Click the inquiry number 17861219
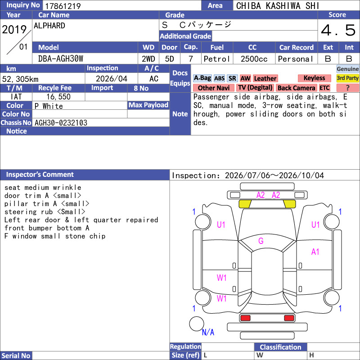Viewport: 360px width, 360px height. click(x=63, y=6)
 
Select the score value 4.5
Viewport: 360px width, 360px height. click(x=338, y=31)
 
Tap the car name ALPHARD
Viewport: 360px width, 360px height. click(x=49, y=26)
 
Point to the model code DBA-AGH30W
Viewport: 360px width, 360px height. click(x=61, y=59)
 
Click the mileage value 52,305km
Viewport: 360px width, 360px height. click(x=20, y=79)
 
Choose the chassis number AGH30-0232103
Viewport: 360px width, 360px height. click(x=61, y=123)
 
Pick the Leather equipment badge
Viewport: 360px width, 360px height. click(x=265, y=78)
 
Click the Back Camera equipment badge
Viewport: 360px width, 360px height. click(x=296, y=88)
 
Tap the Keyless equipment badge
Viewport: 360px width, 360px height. click(x=314, y=78)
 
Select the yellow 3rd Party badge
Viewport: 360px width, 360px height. click(x=347, y=78)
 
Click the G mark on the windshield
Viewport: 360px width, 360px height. click(x=261, y=241)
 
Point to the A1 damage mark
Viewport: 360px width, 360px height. click(x=315, y=252)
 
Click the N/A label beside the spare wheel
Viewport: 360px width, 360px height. click(x=208, y=332)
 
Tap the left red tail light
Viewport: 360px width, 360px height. click(x=245, y=318)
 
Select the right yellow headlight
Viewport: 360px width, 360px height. click(x=289, y=204)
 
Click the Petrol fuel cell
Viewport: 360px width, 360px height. click(x=217, y=59)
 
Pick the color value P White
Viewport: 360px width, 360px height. click(x=49, y=106)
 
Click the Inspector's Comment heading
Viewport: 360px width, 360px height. click(x=40, y=175)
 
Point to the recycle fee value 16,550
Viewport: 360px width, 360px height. click(x=58, y=97)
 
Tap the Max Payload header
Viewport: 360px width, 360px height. click(x=148, y=105)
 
